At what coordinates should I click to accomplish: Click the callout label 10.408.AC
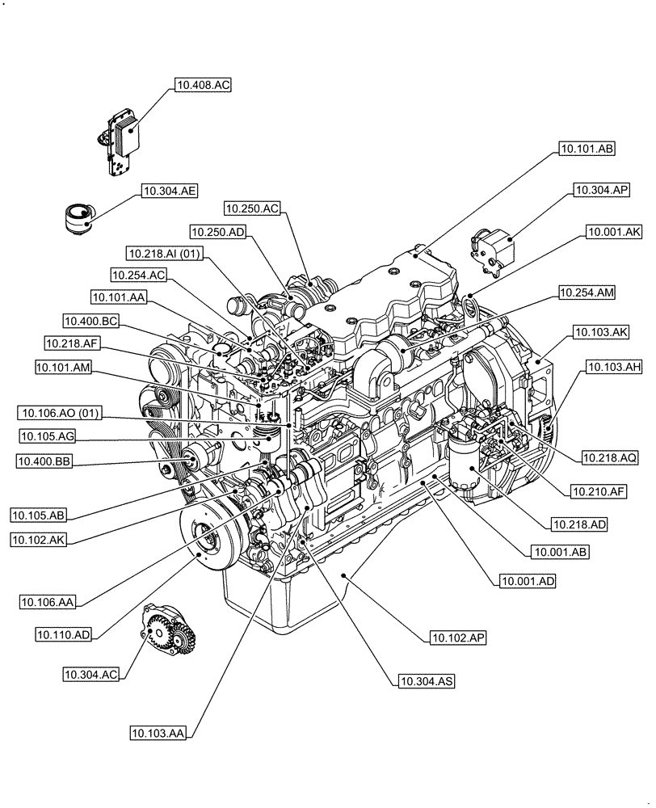click(202, 84)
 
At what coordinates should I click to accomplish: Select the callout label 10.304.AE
click(169, 191)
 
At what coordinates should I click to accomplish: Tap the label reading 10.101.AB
click(586, 149)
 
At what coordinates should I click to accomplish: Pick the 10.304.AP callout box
click(602, 191)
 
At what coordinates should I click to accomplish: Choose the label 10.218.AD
click(579, 524)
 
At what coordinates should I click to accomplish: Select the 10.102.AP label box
click(452, 638)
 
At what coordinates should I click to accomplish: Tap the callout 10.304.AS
click(426, 681)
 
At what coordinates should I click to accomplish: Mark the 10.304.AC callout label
click(91, 672)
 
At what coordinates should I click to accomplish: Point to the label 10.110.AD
click(64, 635)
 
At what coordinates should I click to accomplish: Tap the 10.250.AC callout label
click(252, 208)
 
